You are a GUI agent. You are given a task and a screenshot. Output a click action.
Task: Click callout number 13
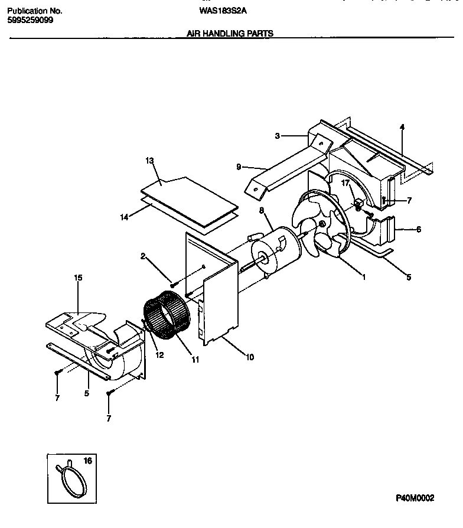click(149, 161)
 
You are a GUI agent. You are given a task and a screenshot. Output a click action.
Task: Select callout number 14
click(125, 217)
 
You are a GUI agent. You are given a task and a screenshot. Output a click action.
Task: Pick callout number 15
click(78, 278)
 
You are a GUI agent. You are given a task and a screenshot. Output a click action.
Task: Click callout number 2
click(143, 255)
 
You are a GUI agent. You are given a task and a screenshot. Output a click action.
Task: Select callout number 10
click(250, 357)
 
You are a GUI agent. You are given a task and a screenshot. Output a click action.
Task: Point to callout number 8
click(262, 210)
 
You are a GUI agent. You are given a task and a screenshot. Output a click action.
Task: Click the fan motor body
click(274, 247)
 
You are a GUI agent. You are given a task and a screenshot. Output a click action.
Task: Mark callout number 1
click(364, 276)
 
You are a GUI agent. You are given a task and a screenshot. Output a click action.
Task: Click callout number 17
click(346, 184)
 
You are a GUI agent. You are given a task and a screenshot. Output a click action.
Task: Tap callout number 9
click(239, 167)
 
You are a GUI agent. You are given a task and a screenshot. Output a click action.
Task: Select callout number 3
click(276, 136)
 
